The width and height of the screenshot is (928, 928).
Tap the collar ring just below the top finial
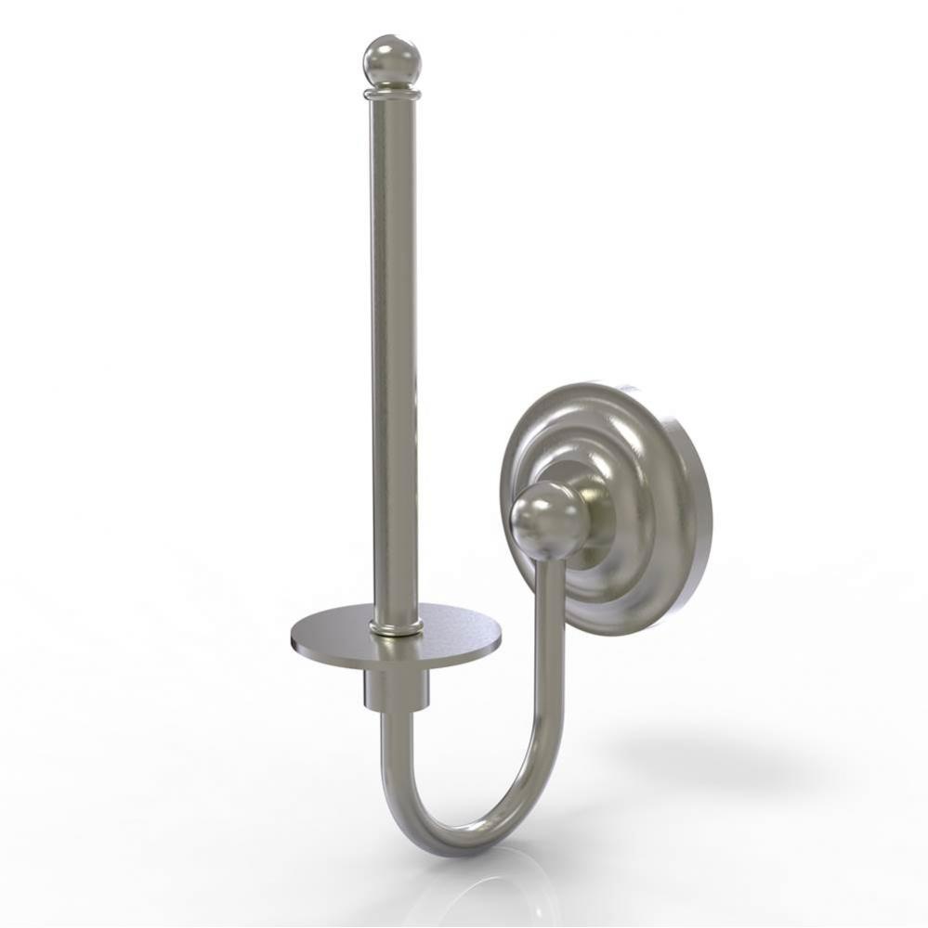(392, 92)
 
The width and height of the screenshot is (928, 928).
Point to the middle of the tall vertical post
(394, 353)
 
